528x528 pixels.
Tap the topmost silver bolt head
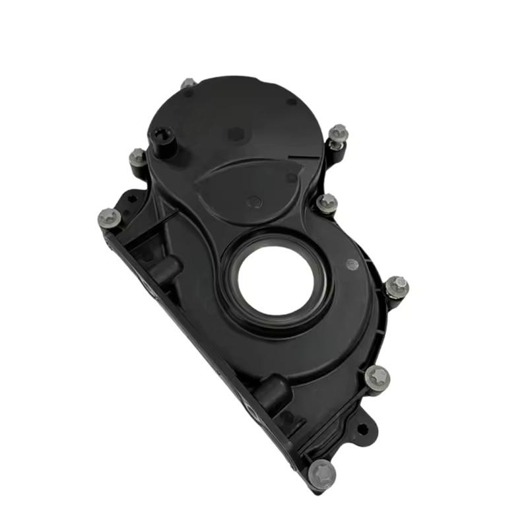(188, 84)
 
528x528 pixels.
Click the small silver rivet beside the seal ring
(352, 265)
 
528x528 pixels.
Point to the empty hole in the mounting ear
(362, 429)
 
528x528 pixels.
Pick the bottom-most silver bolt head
(323, 473)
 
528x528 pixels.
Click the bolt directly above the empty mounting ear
(377, 378)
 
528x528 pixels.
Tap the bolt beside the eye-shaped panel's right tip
(327, 203)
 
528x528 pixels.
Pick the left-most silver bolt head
(108, 218)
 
